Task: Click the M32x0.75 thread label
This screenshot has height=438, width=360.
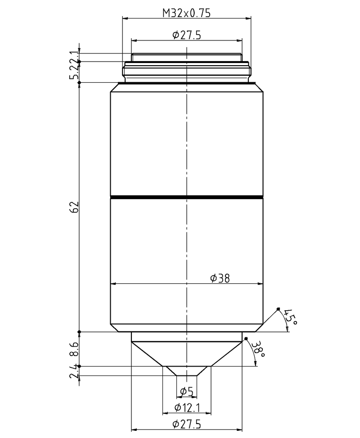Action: (186, 13)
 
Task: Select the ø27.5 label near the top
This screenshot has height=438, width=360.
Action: (186, 35)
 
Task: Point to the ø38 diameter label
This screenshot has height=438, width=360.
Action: (220, 278)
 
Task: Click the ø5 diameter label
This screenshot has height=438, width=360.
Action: (186, 392)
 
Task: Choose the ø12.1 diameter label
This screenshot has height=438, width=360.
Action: (186, 407)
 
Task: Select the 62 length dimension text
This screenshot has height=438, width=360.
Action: (75, 207)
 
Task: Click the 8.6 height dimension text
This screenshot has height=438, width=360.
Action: (75, 349)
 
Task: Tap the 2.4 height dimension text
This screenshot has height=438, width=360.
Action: (75, 371)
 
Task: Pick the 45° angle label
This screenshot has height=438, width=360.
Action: (291, 317)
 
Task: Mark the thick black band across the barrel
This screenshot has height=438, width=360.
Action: (186, 197)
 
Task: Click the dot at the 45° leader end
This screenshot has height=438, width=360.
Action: (278, 308)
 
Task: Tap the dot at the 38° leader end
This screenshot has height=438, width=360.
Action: (246, 338)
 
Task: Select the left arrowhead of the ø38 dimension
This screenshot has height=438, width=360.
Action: (113, 284)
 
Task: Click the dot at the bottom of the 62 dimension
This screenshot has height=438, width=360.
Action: (79, 332)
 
